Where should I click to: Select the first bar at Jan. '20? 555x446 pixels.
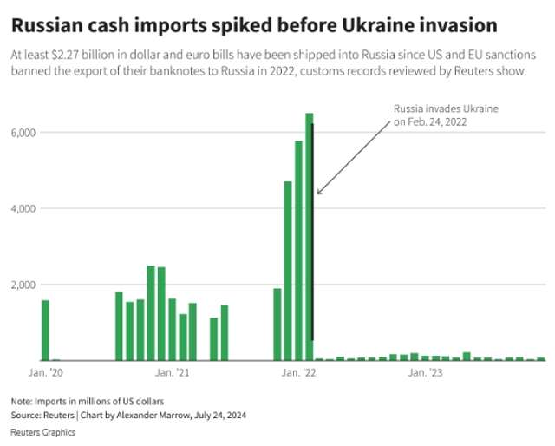point(45,330)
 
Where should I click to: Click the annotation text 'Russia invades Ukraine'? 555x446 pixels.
point(446,109)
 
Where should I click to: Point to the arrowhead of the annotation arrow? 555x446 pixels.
point(318,193)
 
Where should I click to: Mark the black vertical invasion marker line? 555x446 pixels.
point(312,260)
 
